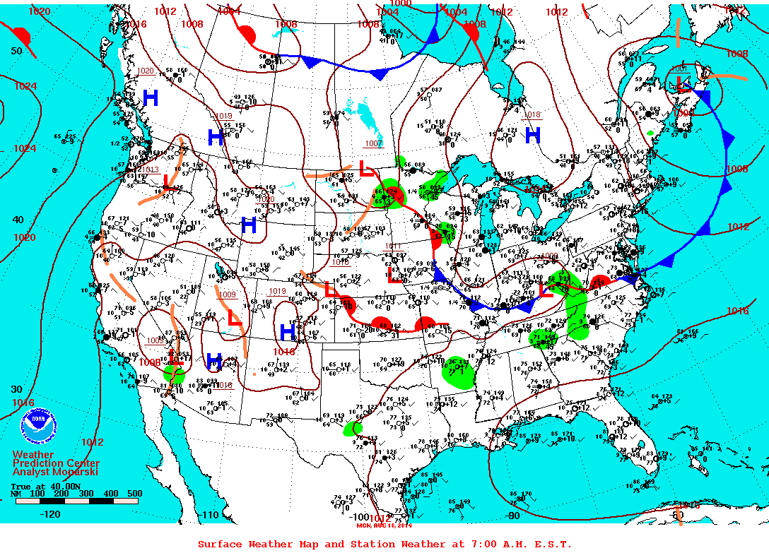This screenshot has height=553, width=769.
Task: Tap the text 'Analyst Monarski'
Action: (55, 472)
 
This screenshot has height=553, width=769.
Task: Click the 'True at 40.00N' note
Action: (42, 486)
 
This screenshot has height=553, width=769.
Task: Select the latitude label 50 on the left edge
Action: (16, 51)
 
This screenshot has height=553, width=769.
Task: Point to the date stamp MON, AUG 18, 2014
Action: (385, 525)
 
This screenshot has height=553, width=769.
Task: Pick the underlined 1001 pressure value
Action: (679, 69)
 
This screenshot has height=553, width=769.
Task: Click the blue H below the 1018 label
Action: (532, 133)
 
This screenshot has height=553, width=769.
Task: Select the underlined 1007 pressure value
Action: (373, 143)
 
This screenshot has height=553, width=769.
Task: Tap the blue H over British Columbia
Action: (151, 98)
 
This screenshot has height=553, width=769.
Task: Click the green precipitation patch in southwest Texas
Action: (353, 428)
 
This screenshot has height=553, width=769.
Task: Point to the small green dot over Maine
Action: (650, 133)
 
